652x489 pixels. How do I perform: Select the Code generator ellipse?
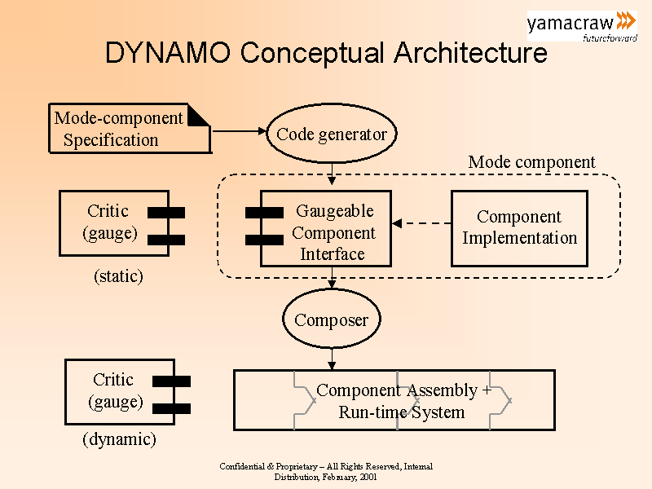[332, 134]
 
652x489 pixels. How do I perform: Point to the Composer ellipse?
[332, 319]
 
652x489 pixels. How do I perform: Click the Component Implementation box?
[519, 228]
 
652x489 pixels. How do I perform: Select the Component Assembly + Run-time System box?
[394, 400]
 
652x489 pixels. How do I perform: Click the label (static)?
[118, 276]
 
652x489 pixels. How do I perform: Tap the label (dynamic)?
[119, 440]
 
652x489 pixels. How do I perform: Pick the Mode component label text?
[531, 162]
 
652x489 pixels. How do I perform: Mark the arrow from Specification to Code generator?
[239, 130]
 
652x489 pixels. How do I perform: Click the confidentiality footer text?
[326, 472]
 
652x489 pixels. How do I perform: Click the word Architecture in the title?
[470, 53]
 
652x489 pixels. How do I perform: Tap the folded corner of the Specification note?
[200, 116]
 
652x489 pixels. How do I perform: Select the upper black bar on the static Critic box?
[166, 212]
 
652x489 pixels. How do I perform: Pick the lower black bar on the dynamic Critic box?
[171, 408]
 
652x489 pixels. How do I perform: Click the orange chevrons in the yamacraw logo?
[626, 21]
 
